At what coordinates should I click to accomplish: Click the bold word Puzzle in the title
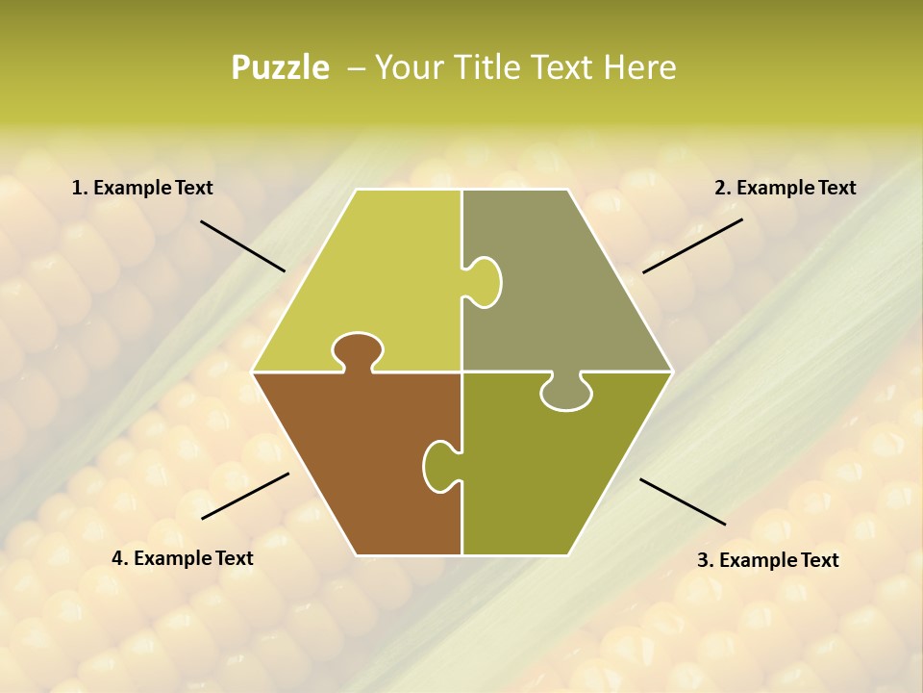click(x=280, y=68)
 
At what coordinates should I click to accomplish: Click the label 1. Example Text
click(x=142, y=189)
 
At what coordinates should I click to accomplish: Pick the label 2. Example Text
click(x=785, y=189)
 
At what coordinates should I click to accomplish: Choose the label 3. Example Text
click(x=767, y=560)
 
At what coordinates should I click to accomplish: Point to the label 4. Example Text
click(x=183, y=558)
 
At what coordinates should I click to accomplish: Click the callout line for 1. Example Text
click(x=242, y=245)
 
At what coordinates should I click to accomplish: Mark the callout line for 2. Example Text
click(x=692, y=245)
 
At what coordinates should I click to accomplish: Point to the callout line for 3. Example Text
click(x=683, y=501)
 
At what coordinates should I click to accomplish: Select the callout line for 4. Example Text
click(x=245, y=496)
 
